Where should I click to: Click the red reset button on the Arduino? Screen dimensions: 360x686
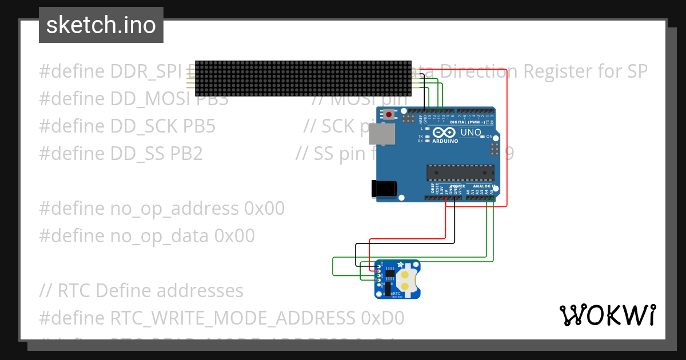[389, 114]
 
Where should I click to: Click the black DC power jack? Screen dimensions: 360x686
[382, 188]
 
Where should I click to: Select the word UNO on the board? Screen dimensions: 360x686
[470, 133]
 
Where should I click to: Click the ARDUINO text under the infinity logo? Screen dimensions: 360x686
[445, 141]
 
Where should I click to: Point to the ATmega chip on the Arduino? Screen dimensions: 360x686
[460, 172]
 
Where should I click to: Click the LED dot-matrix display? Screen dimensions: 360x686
[303, 78]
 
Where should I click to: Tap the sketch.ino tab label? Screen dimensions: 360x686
[101, 25]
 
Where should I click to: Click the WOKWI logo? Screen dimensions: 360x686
[607, 315]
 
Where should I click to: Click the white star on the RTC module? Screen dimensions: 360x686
[400, 265]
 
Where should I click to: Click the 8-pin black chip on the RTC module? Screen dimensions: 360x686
[389, 275]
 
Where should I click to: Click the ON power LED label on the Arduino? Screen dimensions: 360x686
[489, 137]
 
